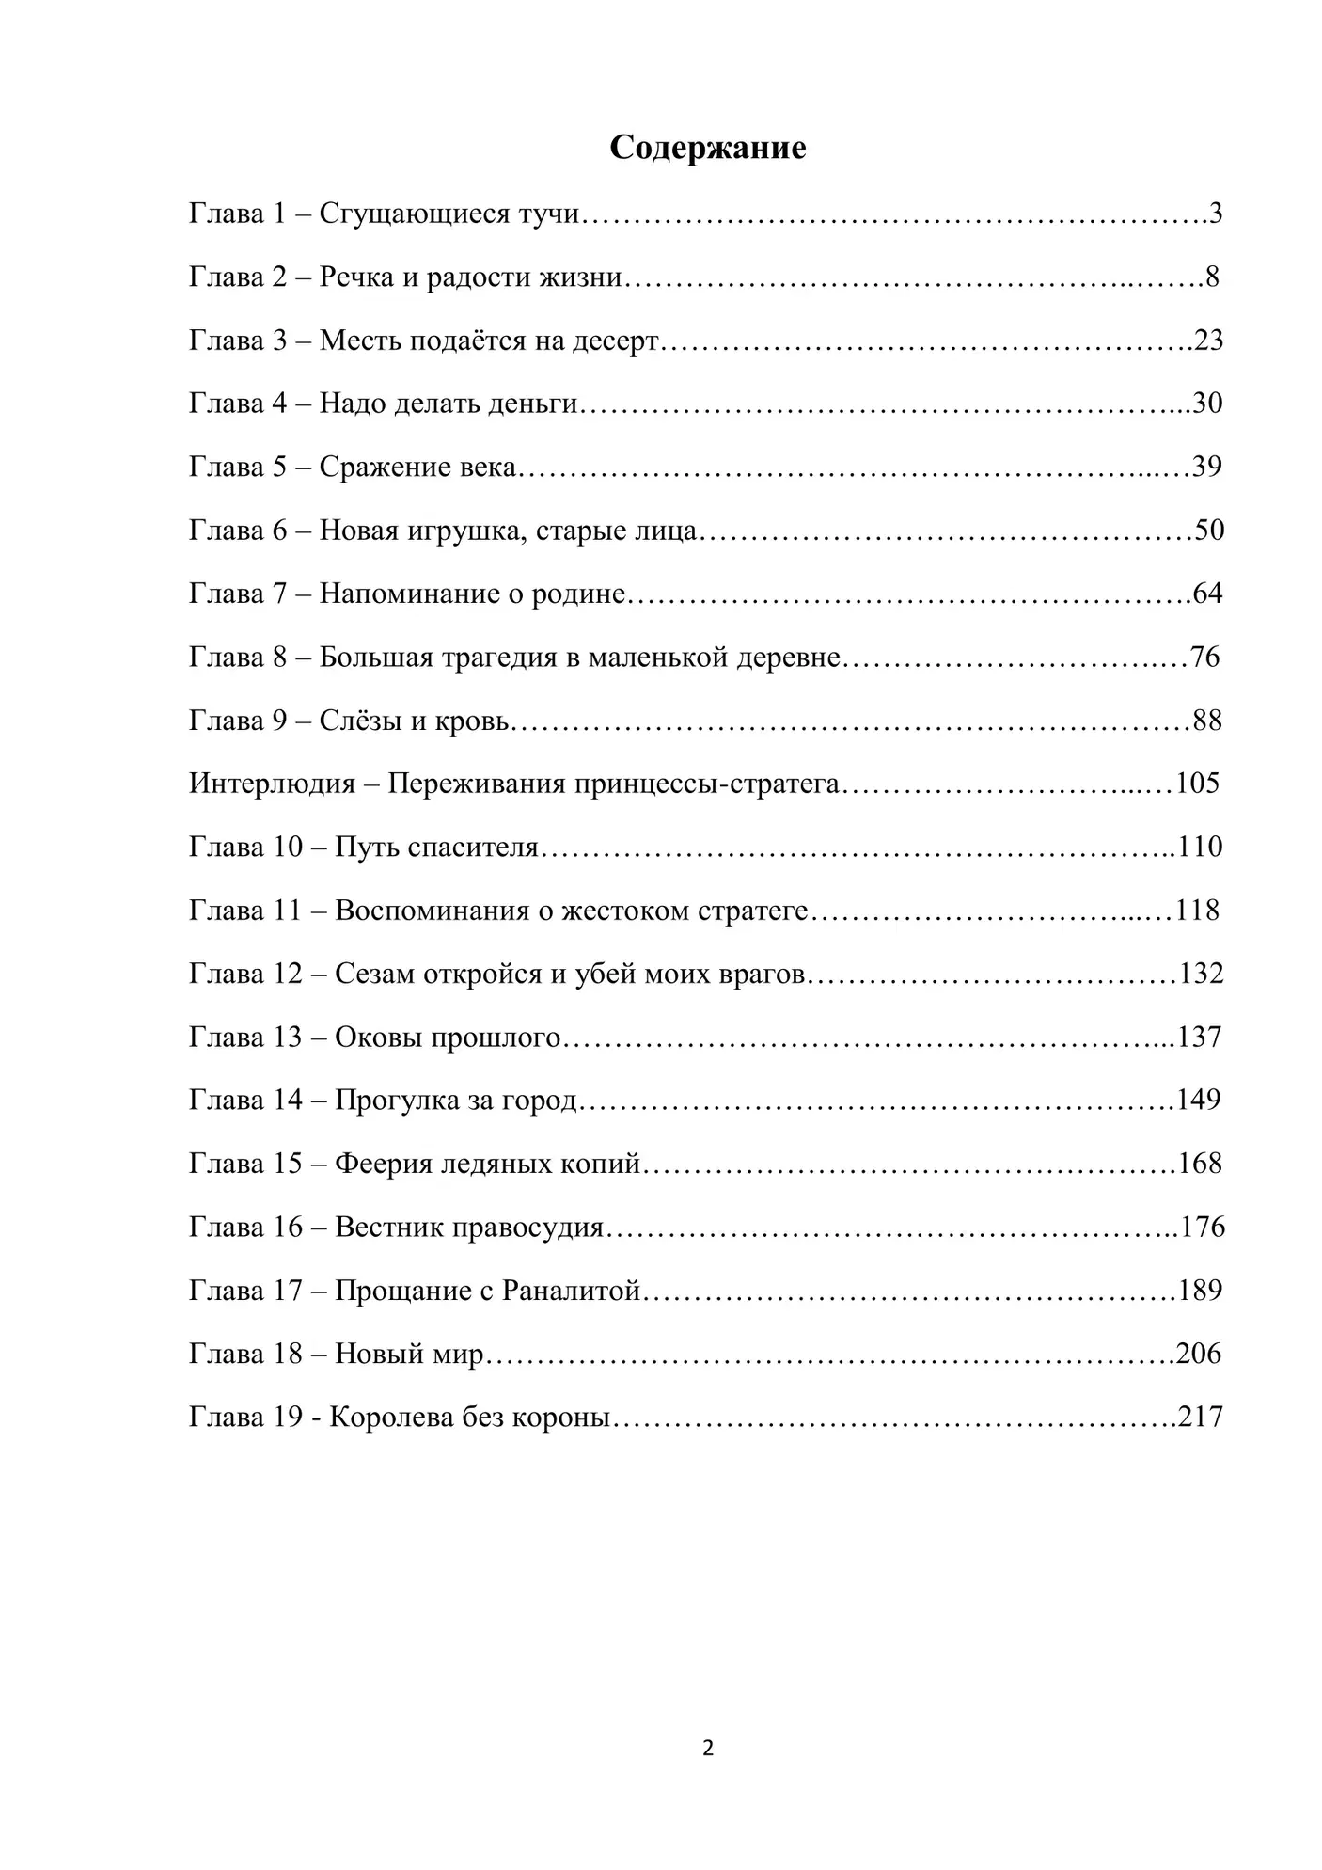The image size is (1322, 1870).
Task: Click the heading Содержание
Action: pos(707,148)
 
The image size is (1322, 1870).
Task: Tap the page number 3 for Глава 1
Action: pos(1216,214)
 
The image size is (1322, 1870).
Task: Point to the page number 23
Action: pos(1208,340)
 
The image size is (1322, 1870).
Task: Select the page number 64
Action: pos(1207,594)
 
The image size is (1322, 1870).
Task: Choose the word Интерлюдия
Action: pos(272,784)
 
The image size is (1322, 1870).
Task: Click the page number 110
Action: pos(1201,847)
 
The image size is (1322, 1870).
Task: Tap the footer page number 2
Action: pos(708,1748)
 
